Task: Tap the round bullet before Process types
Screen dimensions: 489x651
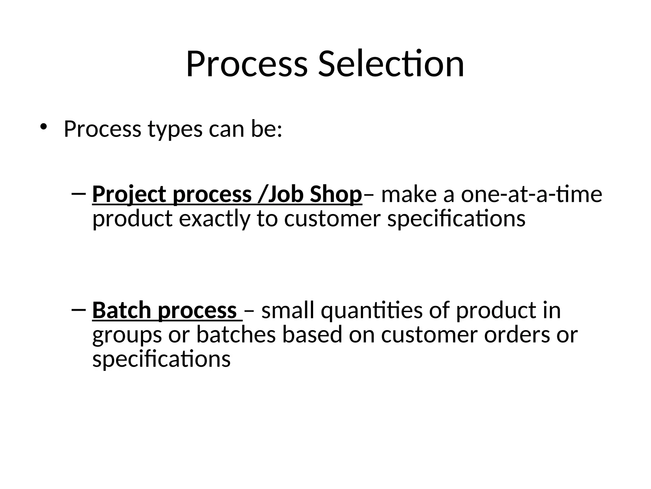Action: (43, 127)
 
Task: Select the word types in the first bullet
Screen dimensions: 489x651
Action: (175, 130)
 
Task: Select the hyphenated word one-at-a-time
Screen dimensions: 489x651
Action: (531, 194)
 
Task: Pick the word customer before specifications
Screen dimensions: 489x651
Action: (332, 219)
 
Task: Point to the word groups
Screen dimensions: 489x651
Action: (127, 336)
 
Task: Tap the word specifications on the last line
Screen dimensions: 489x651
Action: (161, 359)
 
